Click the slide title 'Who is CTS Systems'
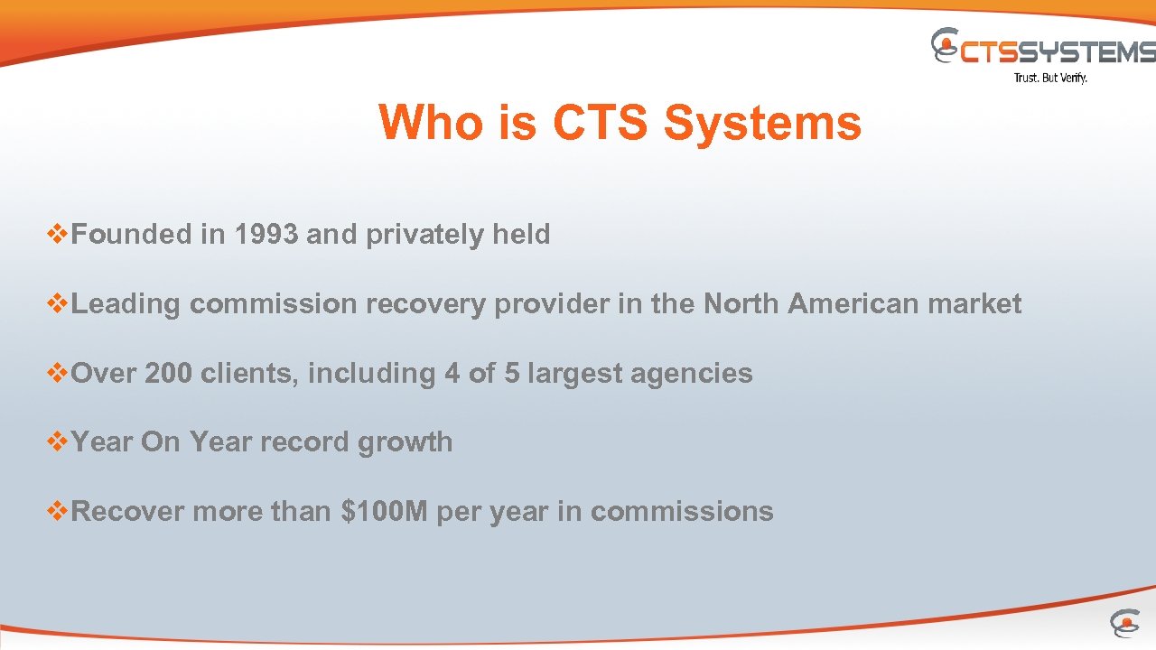click(x=620, y=123)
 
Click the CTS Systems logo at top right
click(x=1043, y=49)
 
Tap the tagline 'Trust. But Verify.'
click(x=1050, y=79)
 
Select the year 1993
click(x=266, y=235)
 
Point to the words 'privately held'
click(x=458, y=235)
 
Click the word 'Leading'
click(x=126, y=304)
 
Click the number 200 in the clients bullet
click(x=168, y=374)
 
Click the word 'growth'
click(x=405, y=442)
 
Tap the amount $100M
click(x=384, y=512)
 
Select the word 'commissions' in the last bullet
click(x=682, y=512)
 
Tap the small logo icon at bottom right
click(x=1123, y=623)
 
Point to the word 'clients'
click(x=249, y=374)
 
